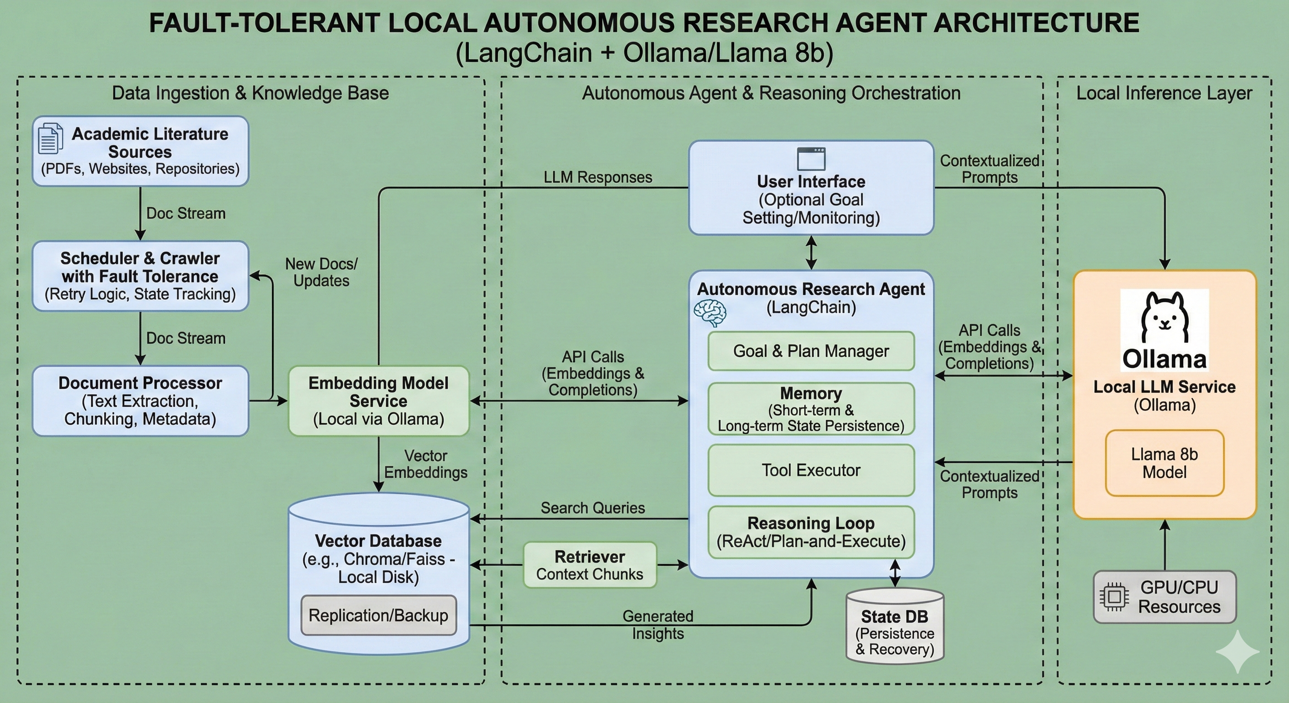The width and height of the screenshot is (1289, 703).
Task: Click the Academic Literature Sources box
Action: click(x=140, y=151)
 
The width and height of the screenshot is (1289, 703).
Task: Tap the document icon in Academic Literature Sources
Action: click(x=50, y=138)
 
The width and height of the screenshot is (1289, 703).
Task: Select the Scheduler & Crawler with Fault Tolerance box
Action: click(x=140, y=276)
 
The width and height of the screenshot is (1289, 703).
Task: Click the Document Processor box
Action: click(x=140, y=400)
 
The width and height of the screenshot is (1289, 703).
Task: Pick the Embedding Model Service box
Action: click(x=378, y=400)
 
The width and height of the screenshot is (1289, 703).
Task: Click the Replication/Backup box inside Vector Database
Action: click(x=378, y=615)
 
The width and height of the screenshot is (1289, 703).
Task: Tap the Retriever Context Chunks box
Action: click(x=590, y=565)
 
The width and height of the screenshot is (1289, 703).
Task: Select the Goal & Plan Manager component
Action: click(x=811, y=351)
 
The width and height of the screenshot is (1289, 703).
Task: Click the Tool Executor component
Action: click(x=811, y=470)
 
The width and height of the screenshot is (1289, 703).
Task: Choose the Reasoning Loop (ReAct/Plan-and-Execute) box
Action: click(x=811, y=532)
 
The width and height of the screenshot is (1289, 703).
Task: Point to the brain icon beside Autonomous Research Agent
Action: click(x=709, y=313)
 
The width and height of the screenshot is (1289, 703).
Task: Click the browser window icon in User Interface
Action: click(x=811, y=159)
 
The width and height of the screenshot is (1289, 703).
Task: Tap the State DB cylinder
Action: click(x=895, y=628)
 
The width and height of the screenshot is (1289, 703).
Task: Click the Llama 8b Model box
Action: click(x=1164, y=463)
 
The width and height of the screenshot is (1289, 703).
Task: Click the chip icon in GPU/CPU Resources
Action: click(x=1114, y=596)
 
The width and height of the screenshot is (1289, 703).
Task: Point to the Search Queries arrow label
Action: click(x=592, y=508)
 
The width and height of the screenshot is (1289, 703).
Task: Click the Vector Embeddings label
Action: click(x=425, y=464)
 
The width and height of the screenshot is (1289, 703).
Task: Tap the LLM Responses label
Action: click(x=597, y=177)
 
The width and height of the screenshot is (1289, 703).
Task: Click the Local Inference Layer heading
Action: click(x=1164, y=93)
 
